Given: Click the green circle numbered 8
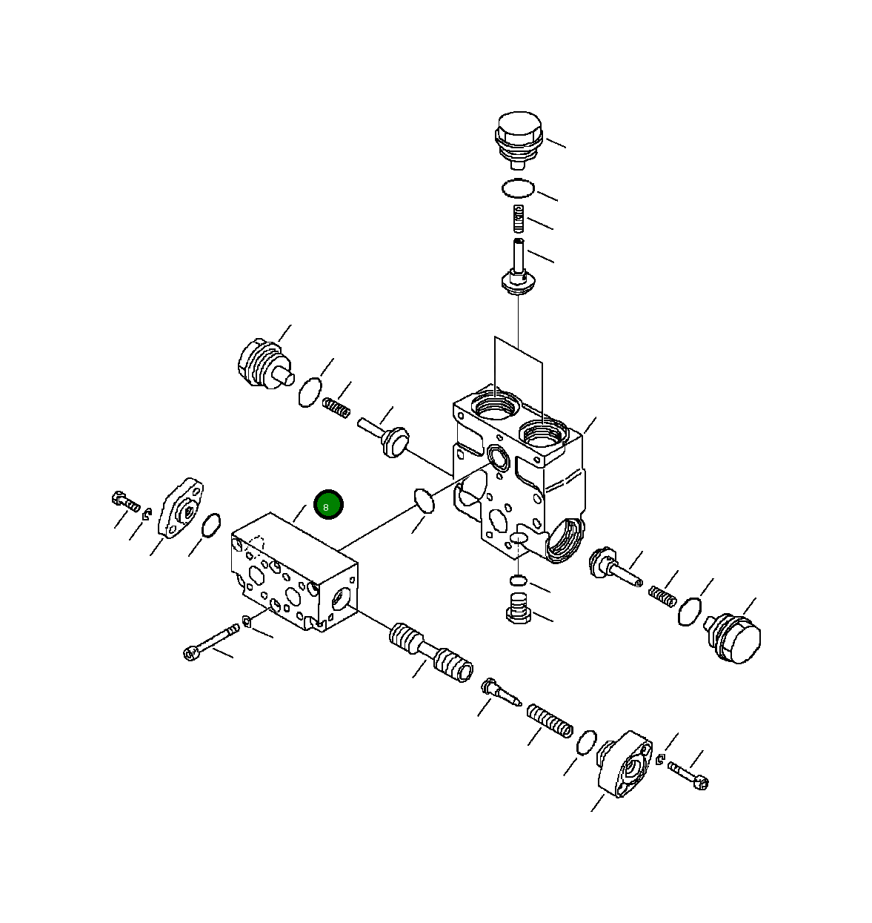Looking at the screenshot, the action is pyautogui.click(x=328, y=505).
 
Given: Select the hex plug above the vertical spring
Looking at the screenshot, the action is pyautogui.click(x=518, y=139).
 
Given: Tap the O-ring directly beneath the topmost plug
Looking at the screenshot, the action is pyautogui.click(x=518, y=188).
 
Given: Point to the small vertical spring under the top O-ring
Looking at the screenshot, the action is pyautogui.click(x=518, y=218).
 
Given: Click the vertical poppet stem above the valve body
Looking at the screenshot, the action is pyautogui.click(x=518, y=268).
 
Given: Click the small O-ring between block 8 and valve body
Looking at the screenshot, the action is pyautogui.click(x=425, y=500).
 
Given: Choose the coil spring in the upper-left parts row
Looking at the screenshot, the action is pyautogui.click(x=336, y=408).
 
